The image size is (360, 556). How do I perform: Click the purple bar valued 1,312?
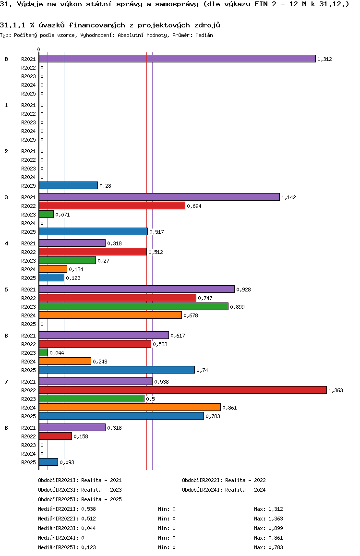pos(177,59)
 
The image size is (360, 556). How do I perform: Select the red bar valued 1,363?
pos(182,390)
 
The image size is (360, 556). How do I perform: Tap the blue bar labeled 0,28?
pos(68,185)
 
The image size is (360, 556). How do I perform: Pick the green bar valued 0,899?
pos(133,306)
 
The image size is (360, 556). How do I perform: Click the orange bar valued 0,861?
pos(130,407)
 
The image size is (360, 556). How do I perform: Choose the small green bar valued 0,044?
pos(43,352)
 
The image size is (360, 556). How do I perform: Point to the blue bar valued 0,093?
pos(48,462)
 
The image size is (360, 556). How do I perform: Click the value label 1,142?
pos(289,197)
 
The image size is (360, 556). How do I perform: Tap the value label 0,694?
pos(194,206)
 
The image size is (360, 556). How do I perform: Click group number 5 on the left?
pos(6,290)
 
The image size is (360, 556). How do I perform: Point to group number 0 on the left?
pos(6,59)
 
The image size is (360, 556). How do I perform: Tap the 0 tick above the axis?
pos(39,50)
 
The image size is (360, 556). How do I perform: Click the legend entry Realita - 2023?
pos(101,490)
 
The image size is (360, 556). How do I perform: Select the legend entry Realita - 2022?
pos(245,480)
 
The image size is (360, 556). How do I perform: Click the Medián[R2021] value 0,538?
pos(88,509)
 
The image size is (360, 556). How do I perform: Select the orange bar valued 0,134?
pos(53,269)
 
